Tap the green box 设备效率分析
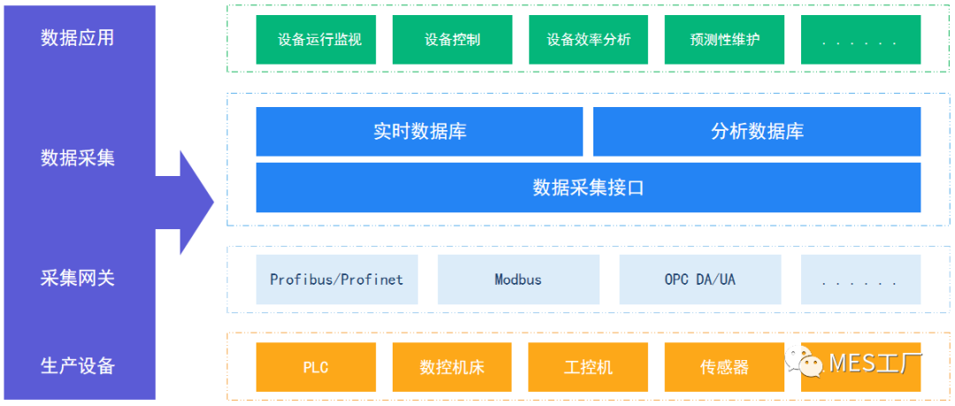pos(588,40)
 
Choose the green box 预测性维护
pos(724,40)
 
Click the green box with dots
pos(860,40)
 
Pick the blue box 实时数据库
pos(419,132)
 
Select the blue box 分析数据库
pos(757,132)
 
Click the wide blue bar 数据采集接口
pos(588,188)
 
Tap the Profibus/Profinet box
pos(336,280)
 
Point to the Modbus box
pos(518,280)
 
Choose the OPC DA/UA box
pos(700,280)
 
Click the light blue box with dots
pos(860,280)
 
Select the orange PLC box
pos(316,367)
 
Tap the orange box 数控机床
pos(452,367)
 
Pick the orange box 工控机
pos(588,367)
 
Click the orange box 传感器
pos(724,367)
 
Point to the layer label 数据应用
pos(78,38)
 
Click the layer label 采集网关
pos(78,278)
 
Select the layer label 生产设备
pos(78,365)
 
